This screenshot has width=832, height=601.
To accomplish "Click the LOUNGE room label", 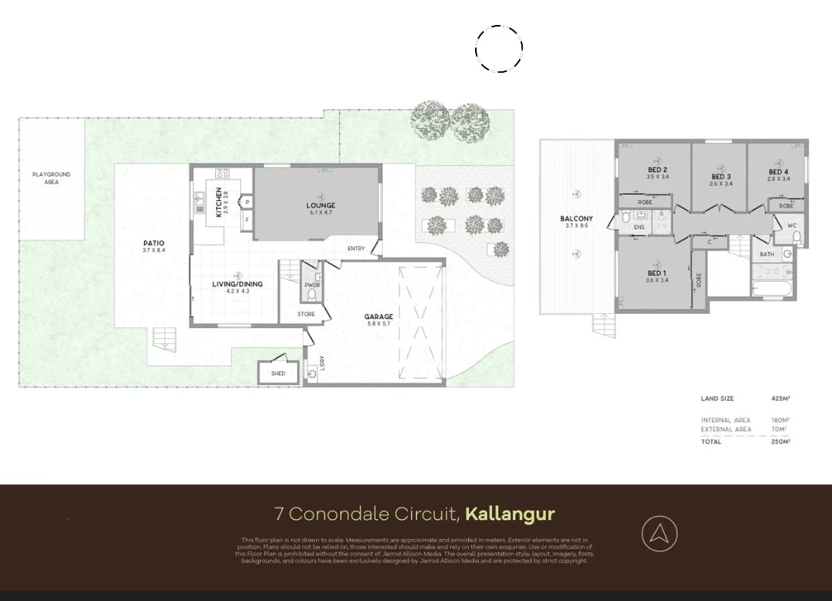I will pos(321,205).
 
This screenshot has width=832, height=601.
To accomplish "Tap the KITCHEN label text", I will pos(220,202).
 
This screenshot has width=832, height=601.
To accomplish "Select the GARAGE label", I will pos(379,317).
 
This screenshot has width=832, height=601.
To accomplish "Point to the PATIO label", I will pos(153,243).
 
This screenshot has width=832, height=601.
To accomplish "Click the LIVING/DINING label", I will pos(237,284).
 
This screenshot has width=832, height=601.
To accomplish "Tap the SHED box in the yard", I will pos(278,373).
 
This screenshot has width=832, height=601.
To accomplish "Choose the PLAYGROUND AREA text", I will pos(51,178).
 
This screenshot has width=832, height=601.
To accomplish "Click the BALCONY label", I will pos(576,219).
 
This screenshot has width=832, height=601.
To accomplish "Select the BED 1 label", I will pos(657,273).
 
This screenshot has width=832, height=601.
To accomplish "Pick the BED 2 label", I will pos(657,170).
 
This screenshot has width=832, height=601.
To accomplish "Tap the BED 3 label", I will pos(721,177).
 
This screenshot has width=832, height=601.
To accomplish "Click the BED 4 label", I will pos(779,172).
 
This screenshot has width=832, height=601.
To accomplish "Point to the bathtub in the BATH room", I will pos(771,288).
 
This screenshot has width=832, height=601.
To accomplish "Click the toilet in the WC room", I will pos(796,237).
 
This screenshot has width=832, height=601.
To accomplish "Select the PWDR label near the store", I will pos(311,286).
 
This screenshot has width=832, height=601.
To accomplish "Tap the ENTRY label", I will pos(356,249).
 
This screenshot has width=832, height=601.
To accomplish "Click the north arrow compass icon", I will pos(659,534).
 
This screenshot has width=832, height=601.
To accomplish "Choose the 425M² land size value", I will pos(780,399).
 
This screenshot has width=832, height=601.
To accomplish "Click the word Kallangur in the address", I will pos(510,515).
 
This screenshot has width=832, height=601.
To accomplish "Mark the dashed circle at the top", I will pos(499,49).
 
